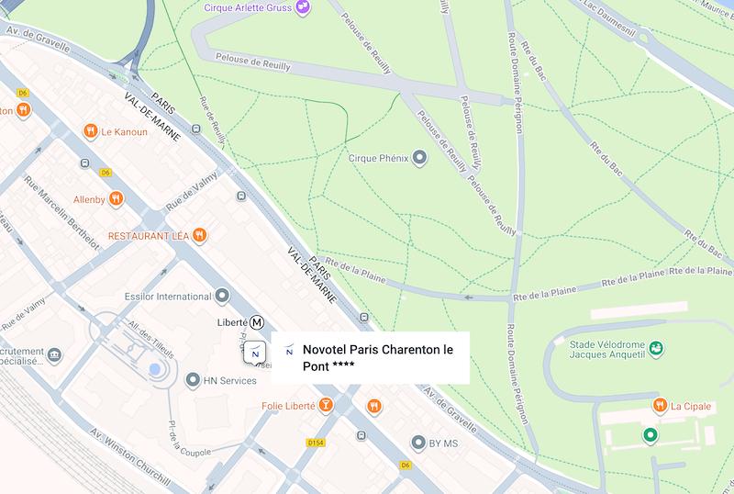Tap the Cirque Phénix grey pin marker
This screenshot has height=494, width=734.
click(x=420, y=158)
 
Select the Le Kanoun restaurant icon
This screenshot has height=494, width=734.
click(x=90, y=131)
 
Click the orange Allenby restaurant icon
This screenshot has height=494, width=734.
click(x=116, y=198)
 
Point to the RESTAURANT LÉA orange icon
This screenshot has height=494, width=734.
click(x=199, y=236)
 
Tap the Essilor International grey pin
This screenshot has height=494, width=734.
click(x=222, y=297)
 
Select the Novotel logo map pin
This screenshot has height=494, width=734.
click(x=255, y=353)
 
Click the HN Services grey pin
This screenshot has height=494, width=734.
click(x=192, y=380)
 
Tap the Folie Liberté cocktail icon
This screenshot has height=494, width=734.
click(x=326, y=405)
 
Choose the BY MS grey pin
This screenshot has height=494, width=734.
click(x=418, y=443)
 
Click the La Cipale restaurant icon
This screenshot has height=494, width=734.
click(x=660, y=406)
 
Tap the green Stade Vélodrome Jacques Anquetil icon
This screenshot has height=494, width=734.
click(x=656, y=349)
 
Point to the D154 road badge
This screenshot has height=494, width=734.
click(x=316, y=443)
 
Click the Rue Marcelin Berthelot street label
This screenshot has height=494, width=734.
click(x=61, y=210)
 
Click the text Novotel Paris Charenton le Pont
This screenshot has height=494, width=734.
click(x=378, y=357)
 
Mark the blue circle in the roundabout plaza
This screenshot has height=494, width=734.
click(x=154, y=369)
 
